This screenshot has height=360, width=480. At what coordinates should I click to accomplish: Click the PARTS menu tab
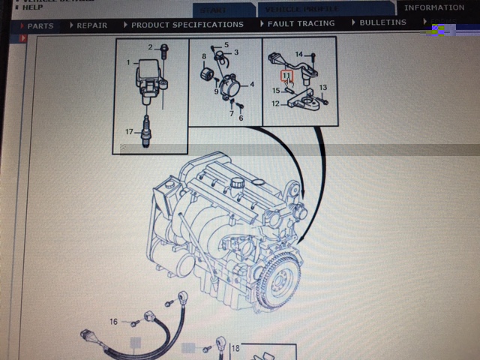point(39,25)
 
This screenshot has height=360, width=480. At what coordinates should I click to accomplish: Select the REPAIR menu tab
point(91,25)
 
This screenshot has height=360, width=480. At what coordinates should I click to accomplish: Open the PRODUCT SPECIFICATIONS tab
point(186,25)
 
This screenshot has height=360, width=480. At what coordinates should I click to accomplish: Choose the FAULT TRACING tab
point(300,24)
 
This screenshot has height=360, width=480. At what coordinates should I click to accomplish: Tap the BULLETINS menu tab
point(382,22)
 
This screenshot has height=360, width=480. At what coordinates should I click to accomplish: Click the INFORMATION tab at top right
point(434,7)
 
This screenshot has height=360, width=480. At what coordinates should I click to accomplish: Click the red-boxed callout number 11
point(286,75)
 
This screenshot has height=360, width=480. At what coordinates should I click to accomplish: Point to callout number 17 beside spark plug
point(129,133)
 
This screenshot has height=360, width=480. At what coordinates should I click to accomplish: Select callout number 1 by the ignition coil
point(128,63)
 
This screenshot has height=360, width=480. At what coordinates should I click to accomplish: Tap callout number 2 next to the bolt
point(150,47)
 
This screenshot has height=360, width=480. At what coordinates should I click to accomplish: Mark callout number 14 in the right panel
point(298,55)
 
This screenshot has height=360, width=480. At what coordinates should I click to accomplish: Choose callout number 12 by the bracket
point(275,103)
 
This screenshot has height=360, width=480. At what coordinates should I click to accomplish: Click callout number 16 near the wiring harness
point(114,322)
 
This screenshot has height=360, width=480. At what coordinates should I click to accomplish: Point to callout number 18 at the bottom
point(235,349)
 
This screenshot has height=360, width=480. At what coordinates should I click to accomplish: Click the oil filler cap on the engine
point(239,183)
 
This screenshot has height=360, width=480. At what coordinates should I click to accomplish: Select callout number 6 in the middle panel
point(241,118)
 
